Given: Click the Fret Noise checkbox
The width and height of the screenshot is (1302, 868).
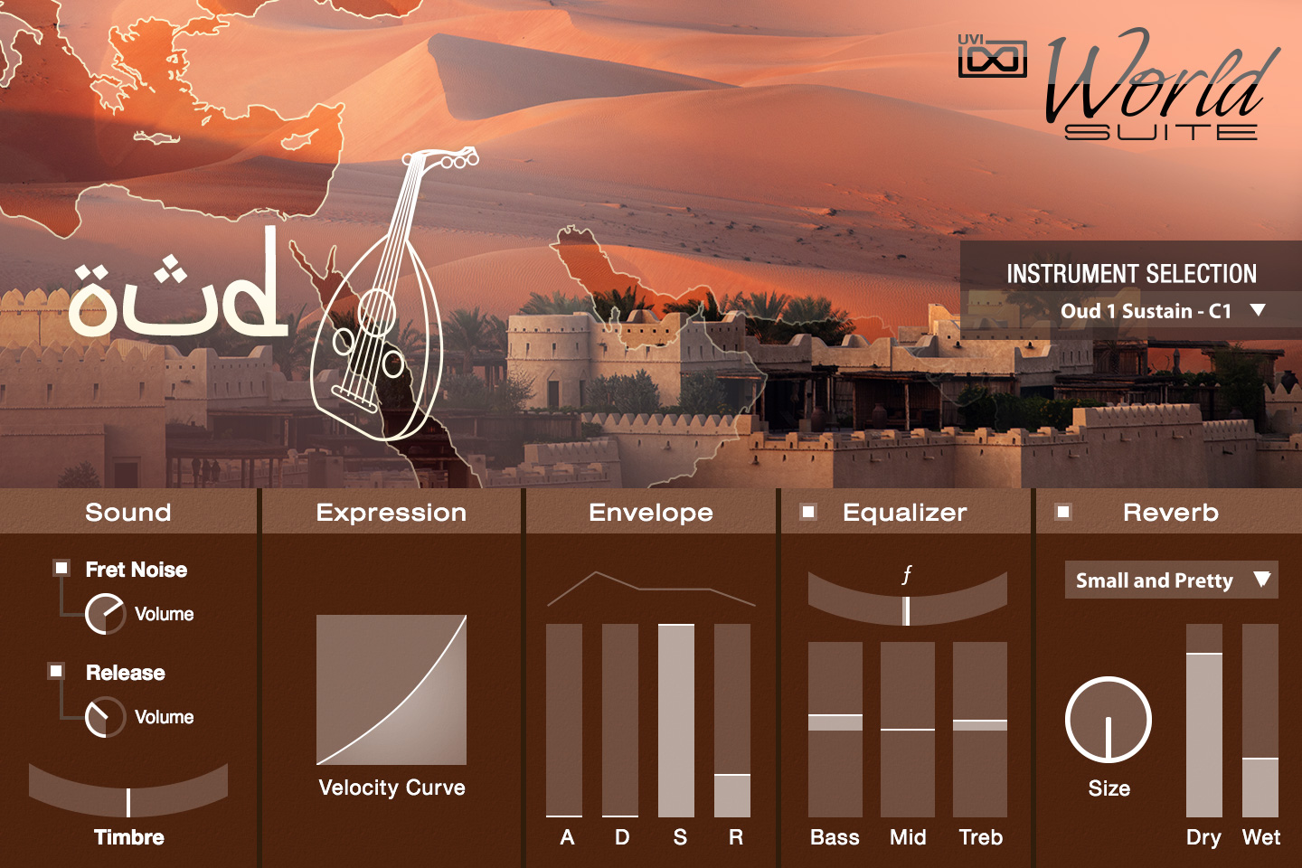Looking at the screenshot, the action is click(61, 568).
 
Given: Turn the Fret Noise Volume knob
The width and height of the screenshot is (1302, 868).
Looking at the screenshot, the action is click(105, 614).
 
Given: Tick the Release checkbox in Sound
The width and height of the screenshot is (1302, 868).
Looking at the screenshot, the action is click(56, 671).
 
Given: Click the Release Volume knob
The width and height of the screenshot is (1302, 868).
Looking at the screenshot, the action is click(105, 717).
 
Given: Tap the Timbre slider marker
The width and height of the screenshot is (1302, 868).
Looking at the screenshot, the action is click(128, 802).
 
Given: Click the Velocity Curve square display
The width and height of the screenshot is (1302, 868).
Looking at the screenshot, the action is click(392, 690).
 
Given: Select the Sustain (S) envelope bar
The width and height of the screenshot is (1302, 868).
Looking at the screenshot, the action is click(676, 721).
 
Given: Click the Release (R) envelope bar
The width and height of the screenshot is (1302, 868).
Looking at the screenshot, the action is click(731, 721).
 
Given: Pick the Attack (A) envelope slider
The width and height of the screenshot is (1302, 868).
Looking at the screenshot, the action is click(564, 721).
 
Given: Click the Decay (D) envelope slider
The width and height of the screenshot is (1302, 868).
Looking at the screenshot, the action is click(620, 721).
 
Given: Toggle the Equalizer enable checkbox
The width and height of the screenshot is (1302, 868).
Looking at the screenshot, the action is click(808, 512).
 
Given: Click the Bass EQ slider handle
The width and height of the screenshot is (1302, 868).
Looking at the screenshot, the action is click(835, 722).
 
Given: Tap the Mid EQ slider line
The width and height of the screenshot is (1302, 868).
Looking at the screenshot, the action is click(908, 729).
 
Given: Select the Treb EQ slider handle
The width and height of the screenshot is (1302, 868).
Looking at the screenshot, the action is click(980, 725).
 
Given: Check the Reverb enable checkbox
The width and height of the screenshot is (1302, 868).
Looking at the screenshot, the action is click(1063, 512).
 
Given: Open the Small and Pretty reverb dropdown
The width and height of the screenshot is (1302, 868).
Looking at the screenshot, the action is click(1171, 580).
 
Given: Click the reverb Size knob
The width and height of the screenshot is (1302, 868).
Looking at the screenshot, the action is click(1109, 720).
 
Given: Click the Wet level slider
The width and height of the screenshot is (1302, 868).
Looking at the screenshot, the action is click(1260, 721).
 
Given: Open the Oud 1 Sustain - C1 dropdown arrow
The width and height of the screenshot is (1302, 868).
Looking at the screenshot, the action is click(1258, 310).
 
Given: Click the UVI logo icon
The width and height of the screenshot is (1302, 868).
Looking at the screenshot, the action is click(992, 56).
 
